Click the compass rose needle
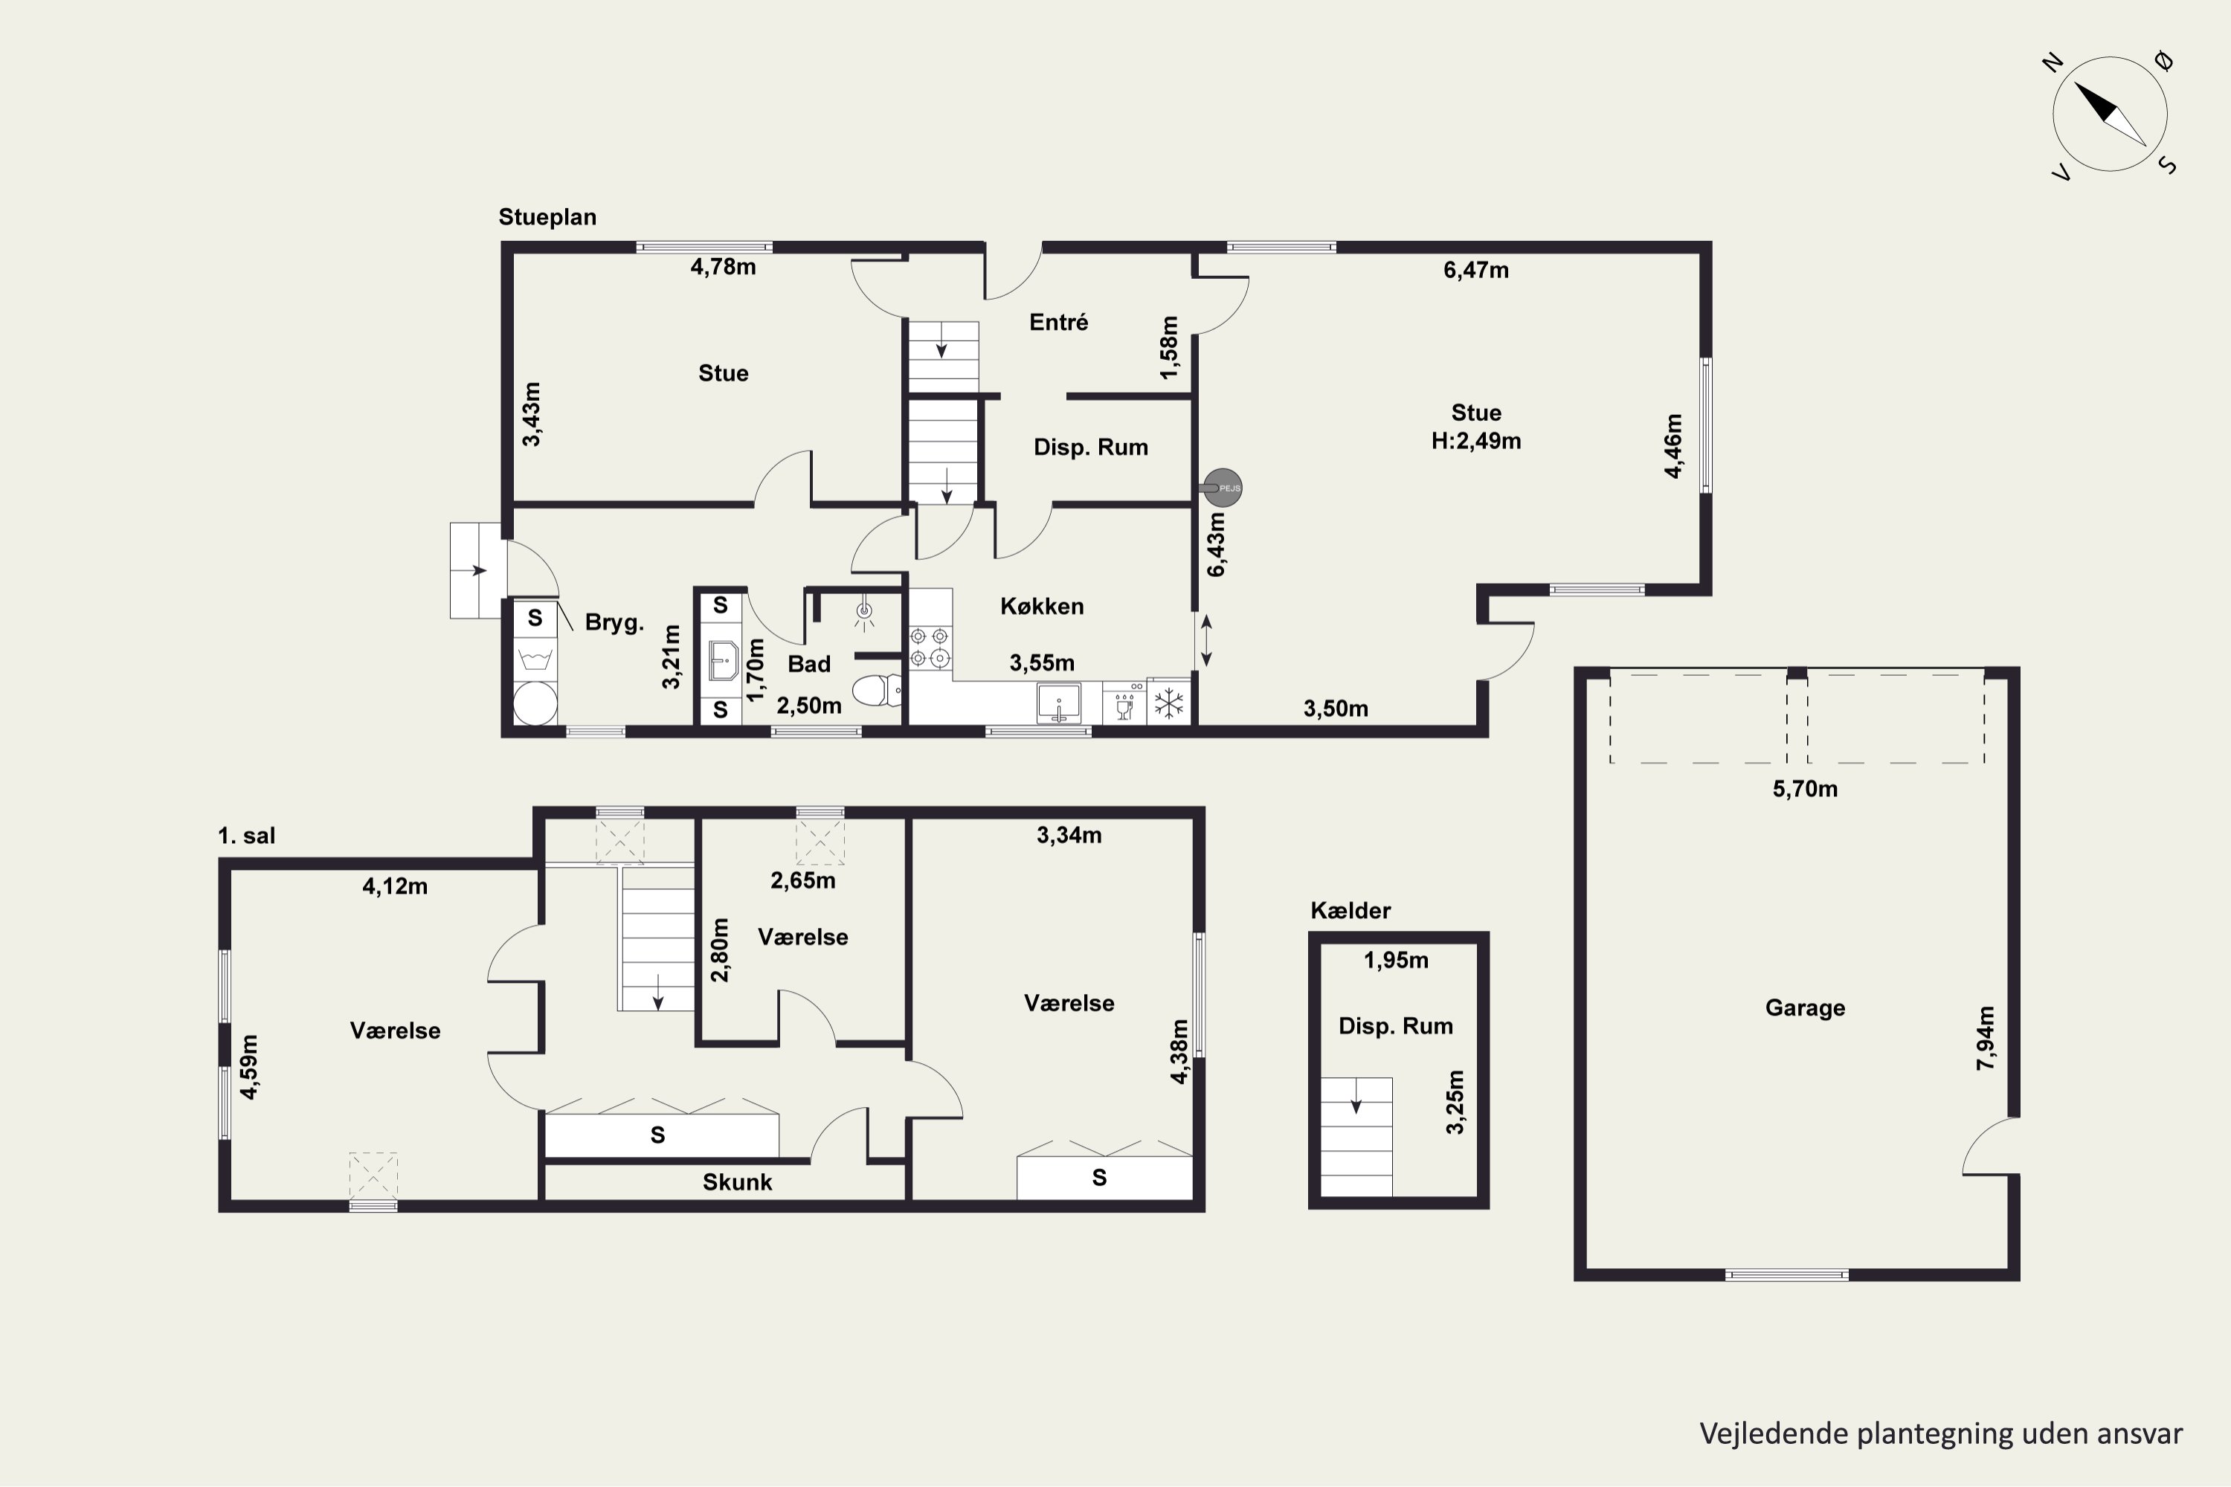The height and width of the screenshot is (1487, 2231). [2110, 114]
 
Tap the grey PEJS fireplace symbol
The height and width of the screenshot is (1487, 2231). [1222, 488]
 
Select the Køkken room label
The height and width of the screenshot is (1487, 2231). [1042, 606]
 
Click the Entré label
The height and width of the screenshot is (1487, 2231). [1058, 323]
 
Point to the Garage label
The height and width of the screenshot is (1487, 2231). [1805, 1008]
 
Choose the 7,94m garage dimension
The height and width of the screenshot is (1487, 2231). [1986, 1039]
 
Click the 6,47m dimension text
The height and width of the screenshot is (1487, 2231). [1476, 271]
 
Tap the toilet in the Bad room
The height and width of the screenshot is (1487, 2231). [878, 689]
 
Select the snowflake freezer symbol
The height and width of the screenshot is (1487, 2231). [1168, 703]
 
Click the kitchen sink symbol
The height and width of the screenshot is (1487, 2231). [1058, 703]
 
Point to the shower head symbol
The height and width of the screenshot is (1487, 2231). [864, 615]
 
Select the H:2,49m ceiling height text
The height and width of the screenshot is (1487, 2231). [1476, 441]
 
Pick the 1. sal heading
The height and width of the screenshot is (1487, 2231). [247, 836]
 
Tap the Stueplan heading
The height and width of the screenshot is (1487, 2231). [547, 217]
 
